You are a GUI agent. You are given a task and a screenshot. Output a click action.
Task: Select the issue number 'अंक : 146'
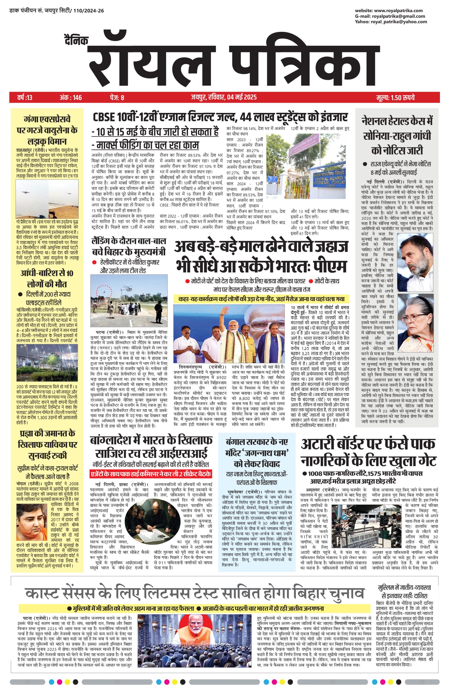(71, 98)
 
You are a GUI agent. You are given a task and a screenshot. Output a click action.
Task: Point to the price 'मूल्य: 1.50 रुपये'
(396, 98)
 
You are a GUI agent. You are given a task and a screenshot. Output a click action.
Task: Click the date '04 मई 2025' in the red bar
(242, 97)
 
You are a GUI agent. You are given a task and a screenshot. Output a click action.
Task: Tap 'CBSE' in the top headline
(105, 118)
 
